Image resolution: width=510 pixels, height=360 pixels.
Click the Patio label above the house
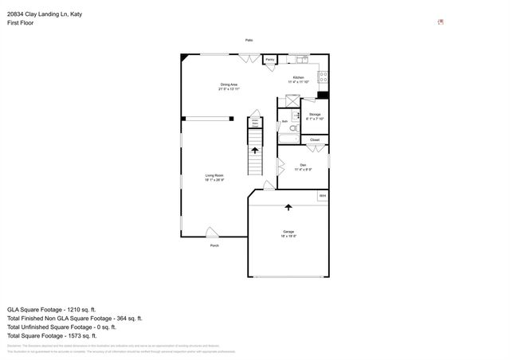click(x=249, y=41)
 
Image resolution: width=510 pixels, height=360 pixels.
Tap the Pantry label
click(x=270, y=60)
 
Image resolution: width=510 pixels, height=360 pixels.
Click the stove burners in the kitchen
click(x=324, y=77)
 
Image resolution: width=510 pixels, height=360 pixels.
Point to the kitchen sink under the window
click(x=303, y=58)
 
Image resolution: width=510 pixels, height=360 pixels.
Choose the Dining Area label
click(x=229, y=86)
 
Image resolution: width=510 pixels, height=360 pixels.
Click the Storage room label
click(x=315, y=115)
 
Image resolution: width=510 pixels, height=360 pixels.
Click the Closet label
click(x=315, y=140)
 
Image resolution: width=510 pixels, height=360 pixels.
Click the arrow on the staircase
click(x=255, y=149)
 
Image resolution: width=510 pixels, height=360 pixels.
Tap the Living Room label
click(x=214, y=177)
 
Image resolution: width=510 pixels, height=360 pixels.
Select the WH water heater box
click(x=323, y=196)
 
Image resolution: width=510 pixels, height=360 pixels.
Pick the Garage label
click(x=288, y=233)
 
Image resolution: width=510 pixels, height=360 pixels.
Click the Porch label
click(x=214, y=246)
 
